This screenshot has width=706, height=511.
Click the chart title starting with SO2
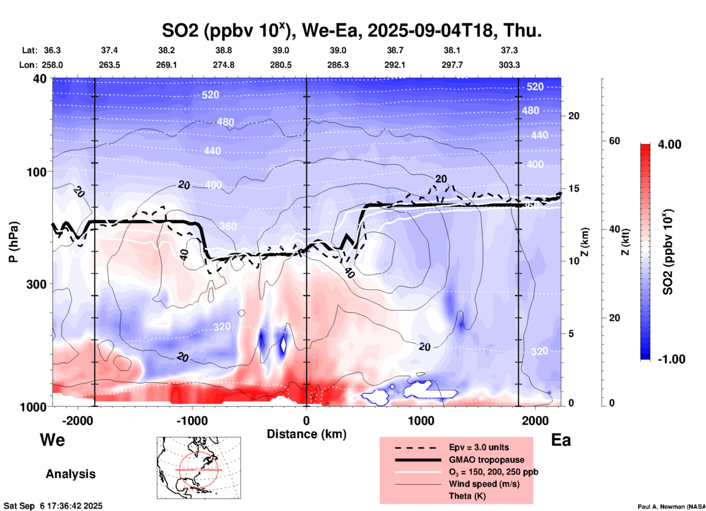click(352, 31)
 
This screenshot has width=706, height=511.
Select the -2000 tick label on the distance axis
click(78, 420)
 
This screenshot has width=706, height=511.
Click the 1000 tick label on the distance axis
click(421, 420)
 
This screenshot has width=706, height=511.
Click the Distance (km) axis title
click(306, 434)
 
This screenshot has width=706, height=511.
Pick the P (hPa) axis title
click(13, 242)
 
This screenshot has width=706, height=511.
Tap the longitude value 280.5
click(281, 65)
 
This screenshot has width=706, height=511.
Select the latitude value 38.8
click(224, 50)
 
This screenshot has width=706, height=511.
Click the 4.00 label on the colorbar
click(669, 144)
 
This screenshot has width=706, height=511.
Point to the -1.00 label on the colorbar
click(671, 359)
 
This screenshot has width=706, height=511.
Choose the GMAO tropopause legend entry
click(486, 460)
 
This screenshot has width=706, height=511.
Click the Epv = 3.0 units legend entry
click(479, 447)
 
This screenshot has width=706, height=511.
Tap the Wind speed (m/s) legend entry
click(484, 484)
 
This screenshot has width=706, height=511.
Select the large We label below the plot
click(52, 440)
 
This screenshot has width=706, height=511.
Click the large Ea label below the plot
click(561, 440)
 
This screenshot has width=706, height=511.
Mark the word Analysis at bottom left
click(70, 474)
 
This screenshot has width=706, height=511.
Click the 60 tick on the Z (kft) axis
click(614, 141)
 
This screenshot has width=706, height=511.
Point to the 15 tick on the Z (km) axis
click(574, 188)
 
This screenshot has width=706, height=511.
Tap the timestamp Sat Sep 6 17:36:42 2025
click(53, 506)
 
